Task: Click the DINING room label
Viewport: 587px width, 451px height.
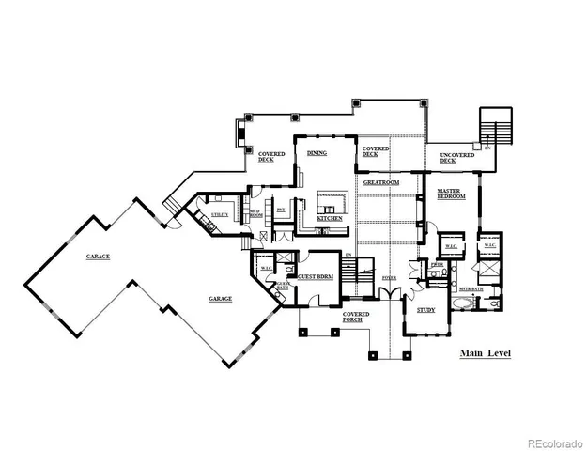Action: point(316,153)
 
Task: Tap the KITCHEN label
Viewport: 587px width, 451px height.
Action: point(329,218)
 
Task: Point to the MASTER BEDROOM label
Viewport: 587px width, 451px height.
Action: point(452,194)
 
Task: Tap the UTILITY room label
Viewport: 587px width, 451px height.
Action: point(219,215)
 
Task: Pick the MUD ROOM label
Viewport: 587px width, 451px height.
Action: point(255,214)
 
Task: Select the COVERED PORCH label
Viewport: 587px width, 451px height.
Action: point(356,317)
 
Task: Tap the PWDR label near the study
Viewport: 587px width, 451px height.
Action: point(437,266)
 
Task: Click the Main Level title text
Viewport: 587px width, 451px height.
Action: point(485,354)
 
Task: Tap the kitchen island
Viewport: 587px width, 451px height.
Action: point(332,204)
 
